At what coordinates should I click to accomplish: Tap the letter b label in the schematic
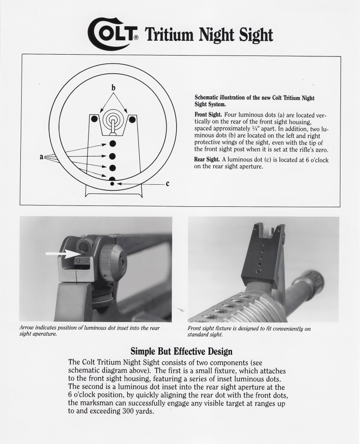click(114, 88)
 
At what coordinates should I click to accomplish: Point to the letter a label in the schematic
click(42, 157)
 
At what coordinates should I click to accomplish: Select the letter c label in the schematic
click(167, 183)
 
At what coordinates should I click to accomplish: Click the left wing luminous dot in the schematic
click(94, 119)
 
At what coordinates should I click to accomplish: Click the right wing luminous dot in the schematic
click(132, 119)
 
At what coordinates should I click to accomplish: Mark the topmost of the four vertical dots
click(112, 143)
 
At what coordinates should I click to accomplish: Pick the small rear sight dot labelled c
click(112, 184)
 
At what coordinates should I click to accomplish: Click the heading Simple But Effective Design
click(181, 351)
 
